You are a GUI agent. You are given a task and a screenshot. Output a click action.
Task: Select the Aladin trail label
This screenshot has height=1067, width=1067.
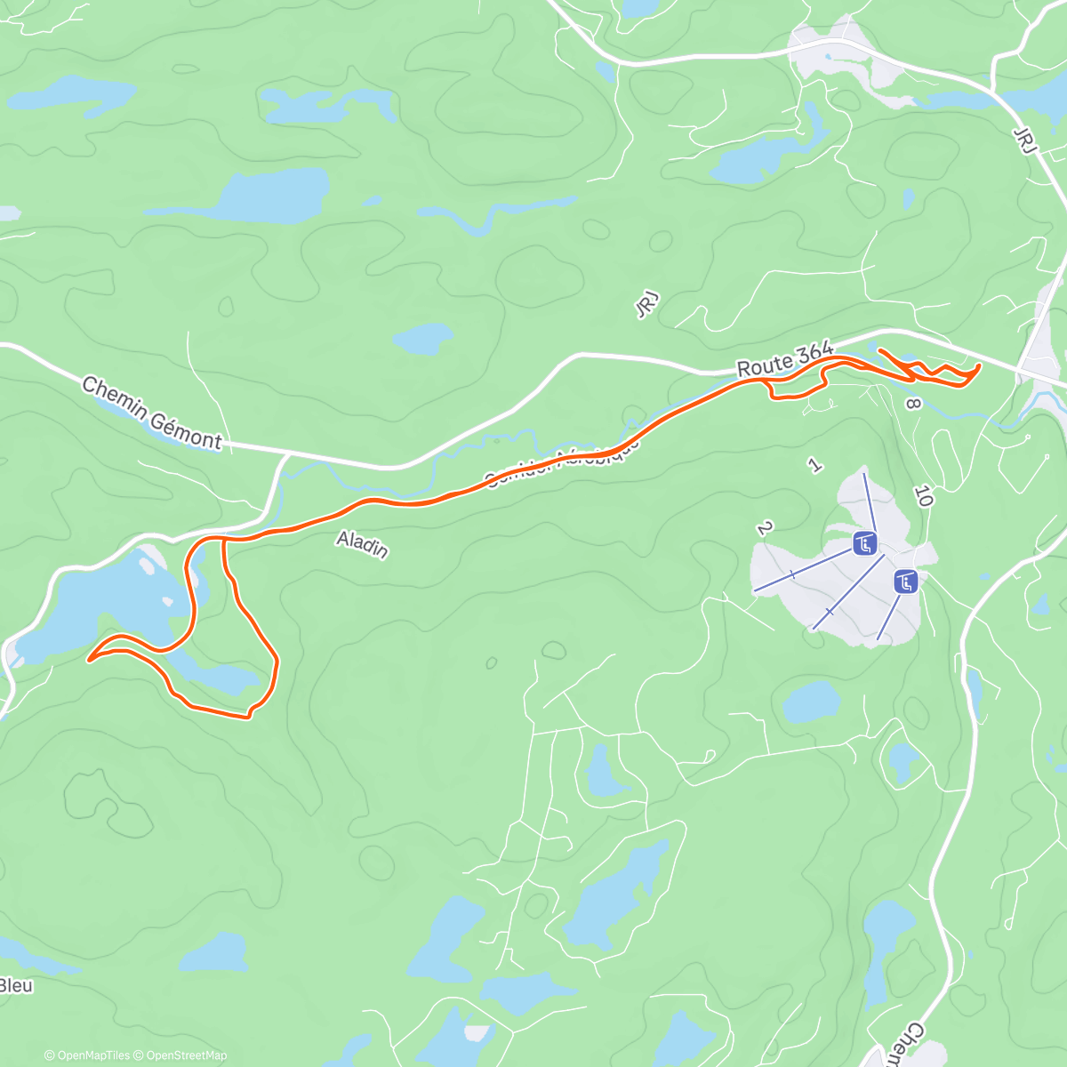tap(363, 543)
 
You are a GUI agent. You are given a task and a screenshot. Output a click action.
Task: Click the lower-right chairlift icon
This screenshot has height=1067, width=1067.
tap(905, 582)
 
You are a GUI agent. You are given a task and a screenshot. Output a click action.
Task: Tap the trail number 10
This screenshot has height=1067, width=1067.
tap(923, 497)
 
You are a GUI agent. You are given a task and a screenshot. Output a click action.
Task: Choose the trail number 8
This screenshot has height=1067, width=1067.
tap(912, 404)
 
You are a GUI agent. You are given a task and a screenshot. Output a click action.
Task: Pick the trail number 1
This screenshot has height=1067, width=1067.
tap(813, 463)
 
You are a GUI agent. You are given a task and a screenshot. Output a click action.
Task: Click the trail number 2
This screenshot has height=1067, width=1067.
tap(764, 528)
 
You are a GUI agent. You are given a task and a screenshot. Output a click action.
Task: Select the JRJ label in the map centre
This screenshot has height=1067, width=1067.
tap(646, 306)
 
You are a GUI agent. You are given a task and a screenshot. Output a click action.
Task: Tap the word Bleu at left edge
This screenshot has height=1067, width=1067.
tap(15, 985)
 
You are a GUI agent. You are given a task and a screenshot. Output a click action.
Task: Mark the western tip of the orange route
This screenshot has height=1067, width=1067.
tap(89, 660)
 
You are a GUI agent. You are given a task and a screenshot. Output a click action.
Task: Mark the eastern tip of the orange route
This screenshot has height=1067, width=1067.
tap(978, 365)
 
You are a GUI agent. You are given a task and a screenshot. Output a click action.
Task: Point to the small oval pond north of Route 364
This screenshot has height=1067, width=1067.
tap(423, 338)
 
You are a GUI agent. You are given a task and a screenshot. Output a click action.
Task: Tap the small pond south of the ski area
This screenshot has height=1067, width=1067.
tap(811, 702)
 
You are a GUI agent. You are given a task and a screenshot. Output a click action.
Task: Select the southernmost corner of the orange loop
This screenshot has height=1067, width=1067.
tap(247, 716)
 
